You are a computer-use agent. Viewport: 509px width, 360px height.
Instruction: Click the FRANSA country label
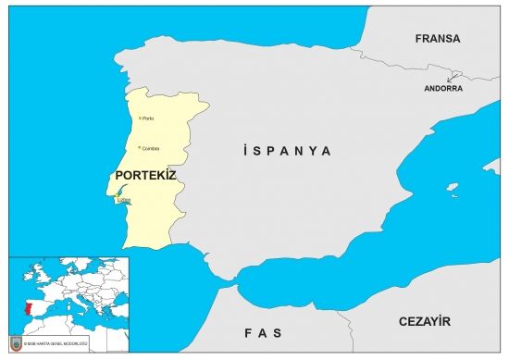(438, 39)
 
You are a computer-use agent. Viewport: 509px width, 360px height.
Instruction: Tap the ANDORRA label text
(443, 89)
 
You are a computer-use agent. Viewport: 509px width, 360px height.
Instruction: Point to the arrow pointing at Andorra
(454, 77)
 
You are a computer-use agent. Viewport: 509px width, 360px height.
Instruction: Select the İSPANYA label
(285, 150)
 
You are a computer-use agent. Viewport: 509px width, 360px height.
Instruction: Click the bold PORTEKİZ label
(145, 174)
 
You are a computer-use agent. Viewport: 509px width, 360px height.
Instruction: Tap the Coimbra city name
(152, 148)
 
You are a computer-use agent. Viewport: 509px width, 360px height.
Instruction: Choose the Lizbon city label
(125, 200)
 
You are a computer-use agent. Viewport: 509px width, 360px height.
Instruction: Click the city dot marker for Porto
(140, 118)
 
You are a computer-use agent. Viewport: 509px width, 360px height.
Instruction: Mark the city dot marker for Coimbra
(140, 147)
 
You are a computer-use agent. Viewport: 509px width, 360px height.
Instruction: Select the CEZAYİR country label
(424, 321)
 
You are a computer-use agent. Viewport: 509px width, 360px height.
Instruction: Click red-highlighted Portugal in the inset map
(29, 306)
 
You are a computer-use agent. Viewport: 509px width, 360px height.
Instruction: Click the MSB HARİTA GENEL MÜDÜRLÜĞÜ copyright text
(52, 344)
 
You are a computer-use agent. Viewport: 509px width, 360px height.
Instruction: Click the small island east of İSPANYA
(452, 190)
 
